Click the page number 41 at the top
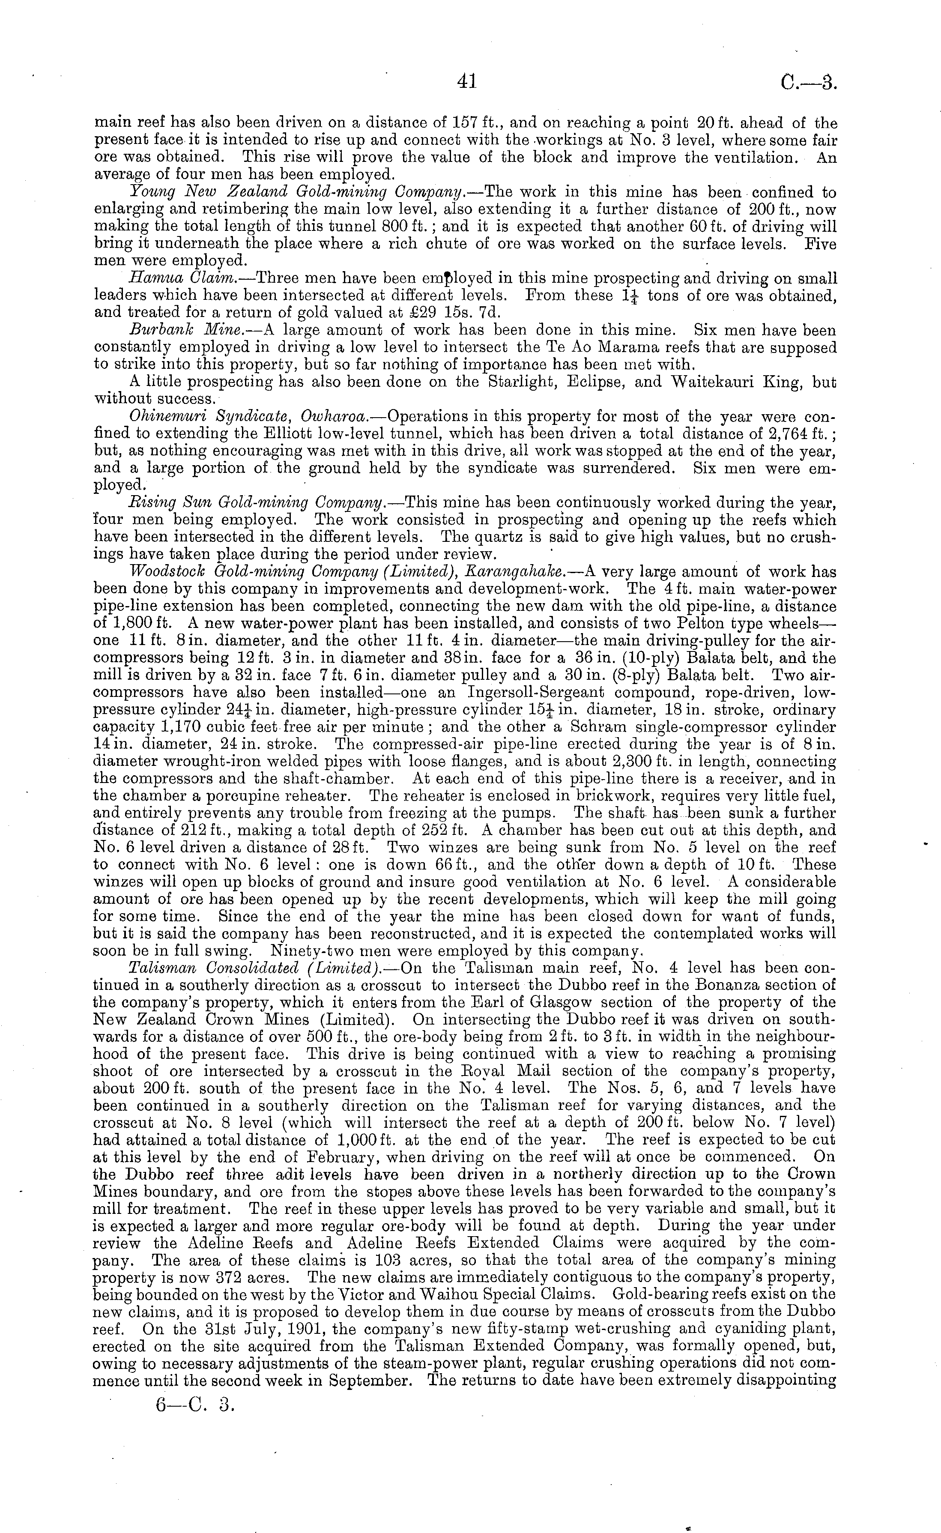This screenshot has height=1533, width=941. [x=466, y=81]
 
